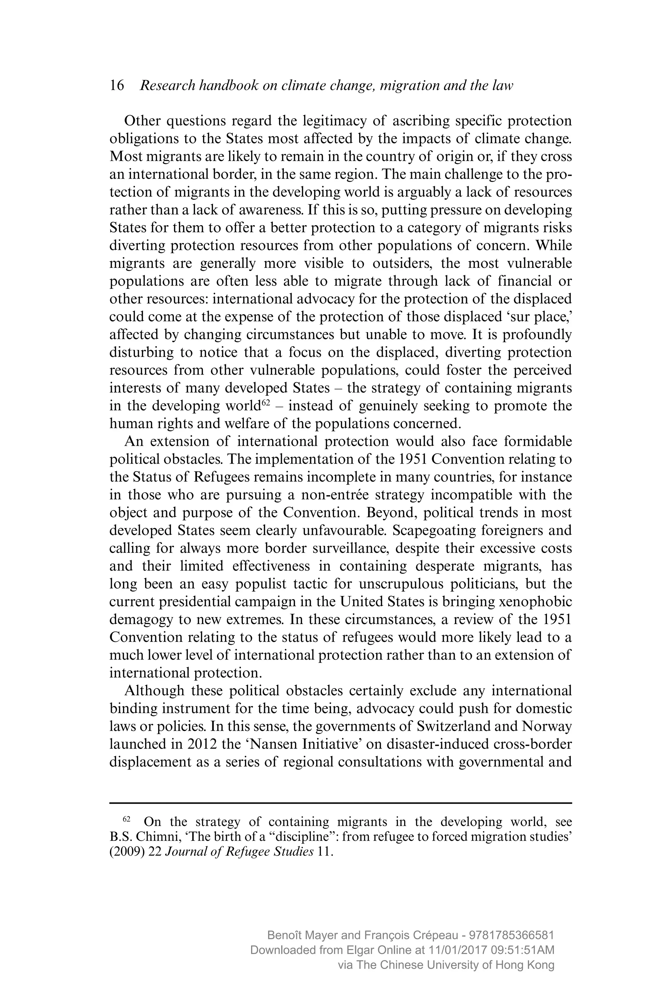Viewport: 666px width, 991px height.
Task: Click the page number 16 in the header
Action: tap(117, 86)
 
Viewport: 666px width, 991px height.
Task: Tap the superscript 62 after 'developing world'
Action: tap(266, 403)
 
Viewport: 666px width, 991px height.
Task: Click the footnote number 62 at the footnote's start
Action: tap(126, 819)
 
